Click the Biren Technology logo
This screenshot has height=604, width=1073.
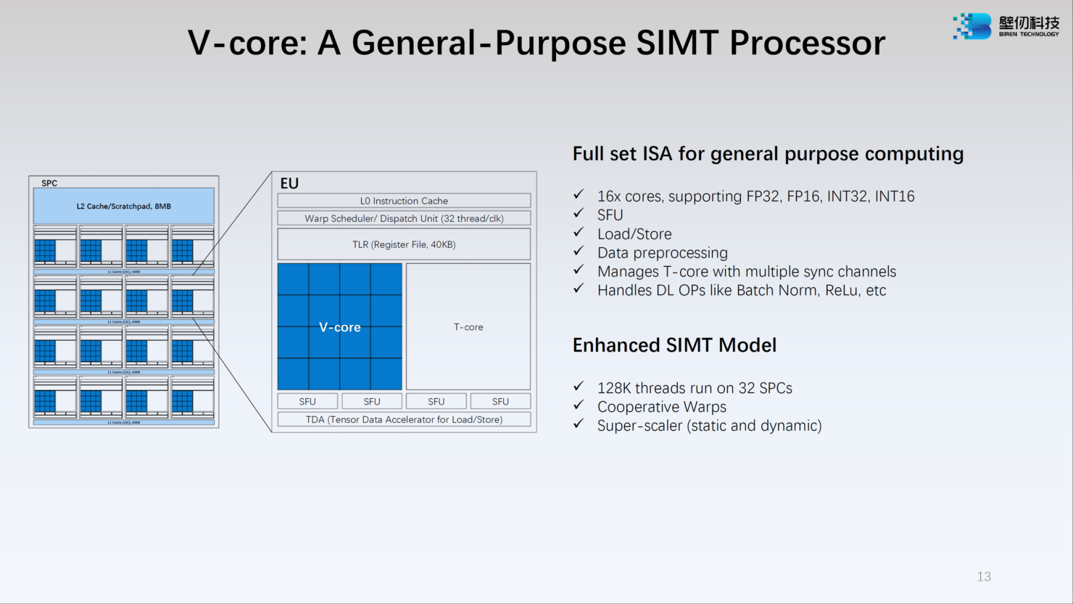pos(1006,26)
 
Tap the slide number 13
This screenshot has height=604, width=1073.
pos(983,576)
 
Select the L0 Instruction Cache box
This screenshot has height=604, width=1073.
pos(404,201)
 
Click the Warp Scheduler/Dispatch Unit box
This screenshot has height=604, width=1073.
pos(404,218)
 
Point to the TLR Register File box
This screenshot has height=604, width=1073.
pos(404,244)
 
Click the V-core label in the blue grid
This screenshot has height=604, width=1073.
pos(339,327)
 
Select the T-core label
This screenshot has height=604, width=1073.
pos(468,327)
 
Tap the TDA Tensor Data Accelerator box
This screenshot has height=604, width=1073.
pos(404,419)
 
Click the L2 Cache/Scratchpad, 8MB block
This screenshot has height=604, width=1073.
pos(124,206)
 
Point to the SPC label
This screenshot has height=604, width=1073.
pos(49,183)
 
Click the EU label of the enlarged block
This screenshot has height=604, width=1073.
pos(289,183)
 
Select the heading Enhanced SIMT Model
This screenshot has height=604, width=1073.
pos(674,345)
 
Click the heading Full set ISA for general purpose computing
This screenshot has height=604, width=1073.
pos(768,154)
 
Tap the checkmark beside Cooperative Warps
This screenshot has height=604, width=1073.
pos(579,405)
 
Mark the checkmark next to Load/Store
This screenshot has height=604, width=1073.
pos(579,232)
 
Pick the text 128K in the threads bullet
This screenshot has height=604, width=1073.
pos(613,388)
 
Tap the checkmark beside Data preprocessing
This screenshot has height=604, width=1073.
pos(579,251)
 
